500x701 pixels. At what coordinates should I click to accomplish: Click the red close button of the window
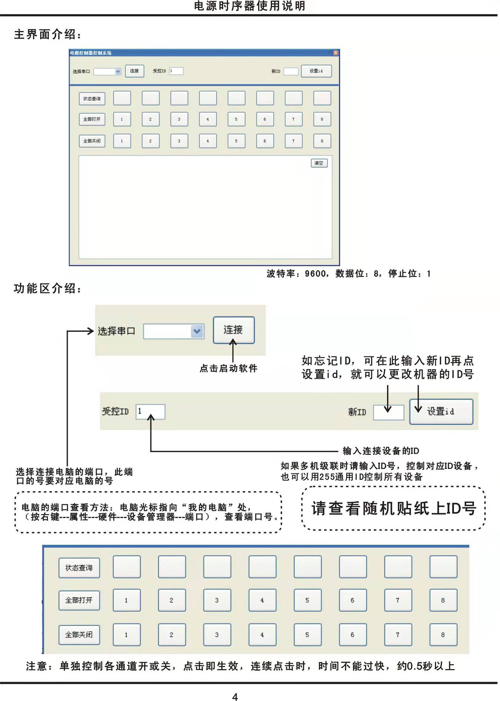[336, 53]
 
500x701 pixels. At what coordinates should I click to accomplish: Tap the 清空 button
[319, 163]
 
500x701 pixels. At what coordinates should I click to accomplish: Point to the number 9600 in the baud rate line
[315, 274]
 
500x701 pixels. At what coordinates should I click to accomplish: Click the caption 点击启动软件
[228, 369]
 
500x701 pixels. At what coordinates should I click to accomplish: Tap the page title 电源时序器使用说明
[250, 6]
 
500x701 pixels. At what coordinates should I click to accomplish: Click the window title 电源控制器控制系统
[91, 53]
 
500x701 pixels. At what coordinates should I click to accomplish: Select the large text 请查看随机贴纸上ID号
[394, 509]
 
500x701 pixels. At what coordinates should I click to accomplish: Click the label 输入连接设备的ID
[381, 451]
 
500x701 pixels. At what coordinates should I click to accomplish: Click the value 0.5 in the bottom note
[414, 666]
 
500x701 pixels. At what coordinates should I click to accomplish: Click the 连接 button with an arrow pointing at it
[234, 330]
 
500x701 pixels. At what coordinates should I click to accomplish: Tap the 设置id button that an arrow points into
[441, 412]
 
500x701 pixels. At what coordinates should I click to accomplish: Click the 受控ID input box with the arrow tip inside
[151, 412]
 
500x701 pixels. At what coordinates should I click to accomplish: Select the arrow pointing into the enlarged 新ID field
[388, 399]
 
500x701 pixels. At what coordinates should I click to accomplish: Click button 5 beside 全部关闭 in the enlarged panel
[307, 634]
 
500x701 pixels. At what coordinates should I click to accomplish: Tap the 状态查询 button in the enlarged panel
[79, 568]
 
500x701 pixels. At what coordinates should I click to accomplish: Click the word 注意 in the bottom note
[36, 666]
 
